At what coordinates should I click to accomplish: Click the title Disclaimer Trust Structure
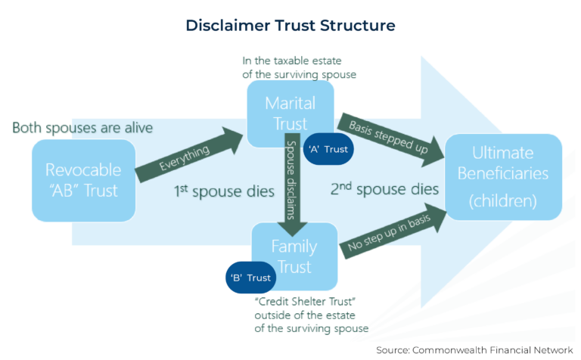pos(290,25)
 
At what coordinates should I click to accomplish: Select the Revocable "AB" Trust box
pos(82,179)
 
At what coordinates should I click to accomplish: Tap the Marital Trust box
pos(290,113)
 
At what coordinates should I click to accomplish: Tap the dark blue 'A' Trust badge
pos(330,149)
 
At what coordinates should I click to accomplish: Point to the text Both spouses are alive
pos(82,127)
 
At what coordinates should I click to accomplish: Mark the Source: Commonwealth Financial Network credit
pos(475,349)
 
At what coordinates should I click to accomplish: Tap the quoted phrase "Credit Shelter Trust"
pos(297,301)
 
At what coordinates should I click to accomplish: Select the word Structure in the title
pos(355,25)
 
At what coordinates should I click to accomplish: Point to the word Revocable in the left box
pos(82,169)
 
